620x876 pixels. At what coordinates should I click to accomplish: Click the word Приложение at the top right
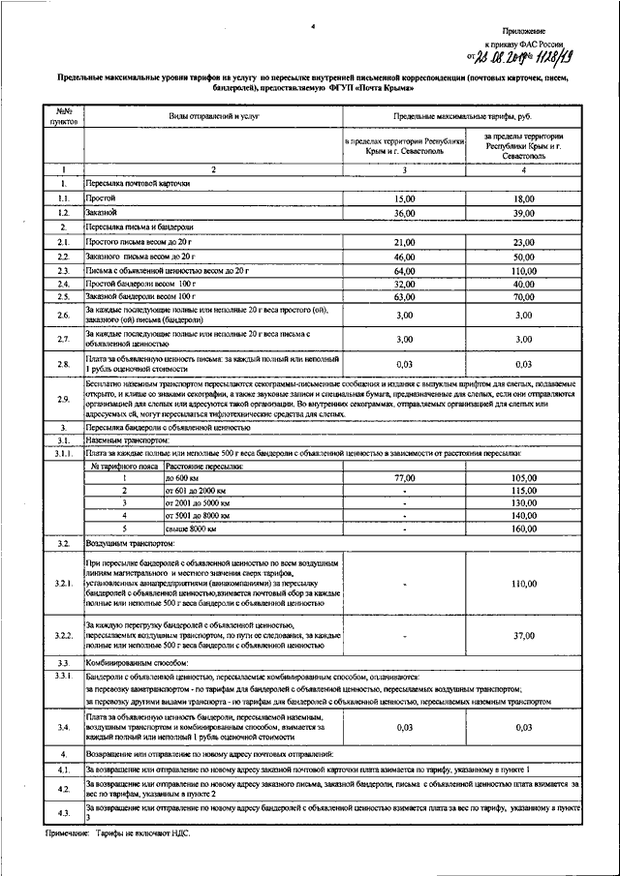click(x=549, y=32)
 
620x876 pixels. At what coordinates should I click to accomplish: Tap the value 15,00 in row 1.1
click(x=405, y=197)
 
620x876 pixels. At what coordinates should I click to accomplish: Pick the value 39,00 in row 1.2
click(x=524, y=211)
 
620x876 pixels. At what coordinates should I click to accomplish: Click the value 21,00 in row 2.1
click(x=405, y=241)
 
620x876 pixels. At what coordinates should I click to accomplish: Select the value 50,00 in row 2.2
click(x=524, y=256)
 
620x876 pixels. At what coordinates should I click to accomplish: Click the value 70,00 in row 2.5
click(x=524, y=298)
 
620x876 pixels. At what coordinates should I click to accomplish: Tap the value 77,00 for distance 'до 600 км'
click(x=405, y=478)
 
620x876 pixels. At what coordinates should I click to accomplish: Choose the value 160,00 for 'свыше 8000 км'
click(x=524, y=529)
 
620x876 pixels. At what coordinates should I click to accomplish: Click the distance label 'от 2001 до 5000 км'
click(x=198, y=503)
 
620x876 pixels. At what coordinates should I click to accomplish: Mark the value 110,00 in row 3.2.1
click(x=524, y=584)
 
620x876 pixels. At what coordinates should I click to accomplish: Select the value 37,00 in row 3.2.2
click(x=524, y=636)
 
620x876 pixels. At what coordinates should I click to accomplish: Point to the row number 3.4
click(x=63, y=727)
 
